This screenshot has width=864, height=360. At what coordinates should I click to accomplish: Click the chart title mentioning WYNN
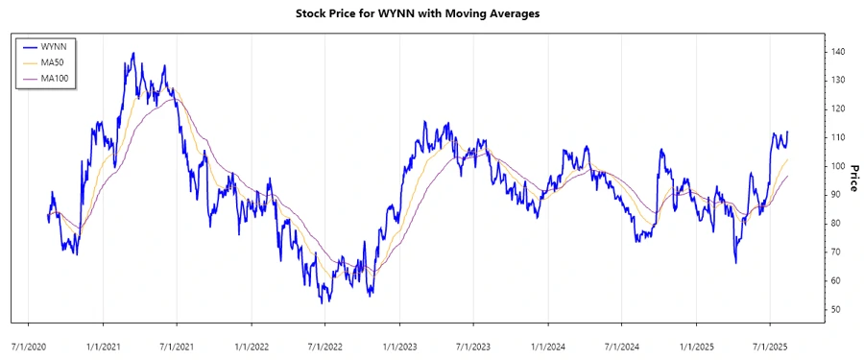point(432,15)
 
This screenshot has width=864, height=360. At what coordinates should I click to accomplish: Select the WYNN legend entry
point(54,46)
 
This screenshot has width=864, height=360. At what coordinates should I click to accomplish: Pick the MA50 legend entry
point(54,61)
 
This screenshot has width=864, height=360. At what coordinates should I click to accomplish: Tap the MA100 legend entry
point(56,77)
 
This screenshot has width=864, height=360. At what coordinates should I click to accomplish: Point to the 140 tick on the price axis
point(838,51)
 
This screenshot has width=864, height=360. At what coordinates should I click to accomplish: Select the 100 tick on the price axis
point(838,166)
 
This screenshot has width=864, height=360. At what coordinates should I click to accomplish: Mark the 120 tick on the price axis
point(838,108)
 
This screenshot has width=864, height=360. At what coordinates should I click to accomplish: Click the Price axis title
point(853,179)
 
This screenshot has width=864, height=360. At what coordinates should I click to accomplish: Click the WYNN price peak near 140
point(132,54)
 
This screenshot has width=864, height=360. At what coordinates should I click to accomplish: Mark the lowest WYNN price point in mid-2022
point(324,302)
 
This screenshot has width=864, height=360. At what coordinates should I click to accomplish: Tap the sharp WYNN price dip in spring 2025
point(735,262)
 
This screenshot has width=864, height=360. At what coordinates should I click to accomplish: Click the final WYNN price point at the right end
point(788,132)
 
